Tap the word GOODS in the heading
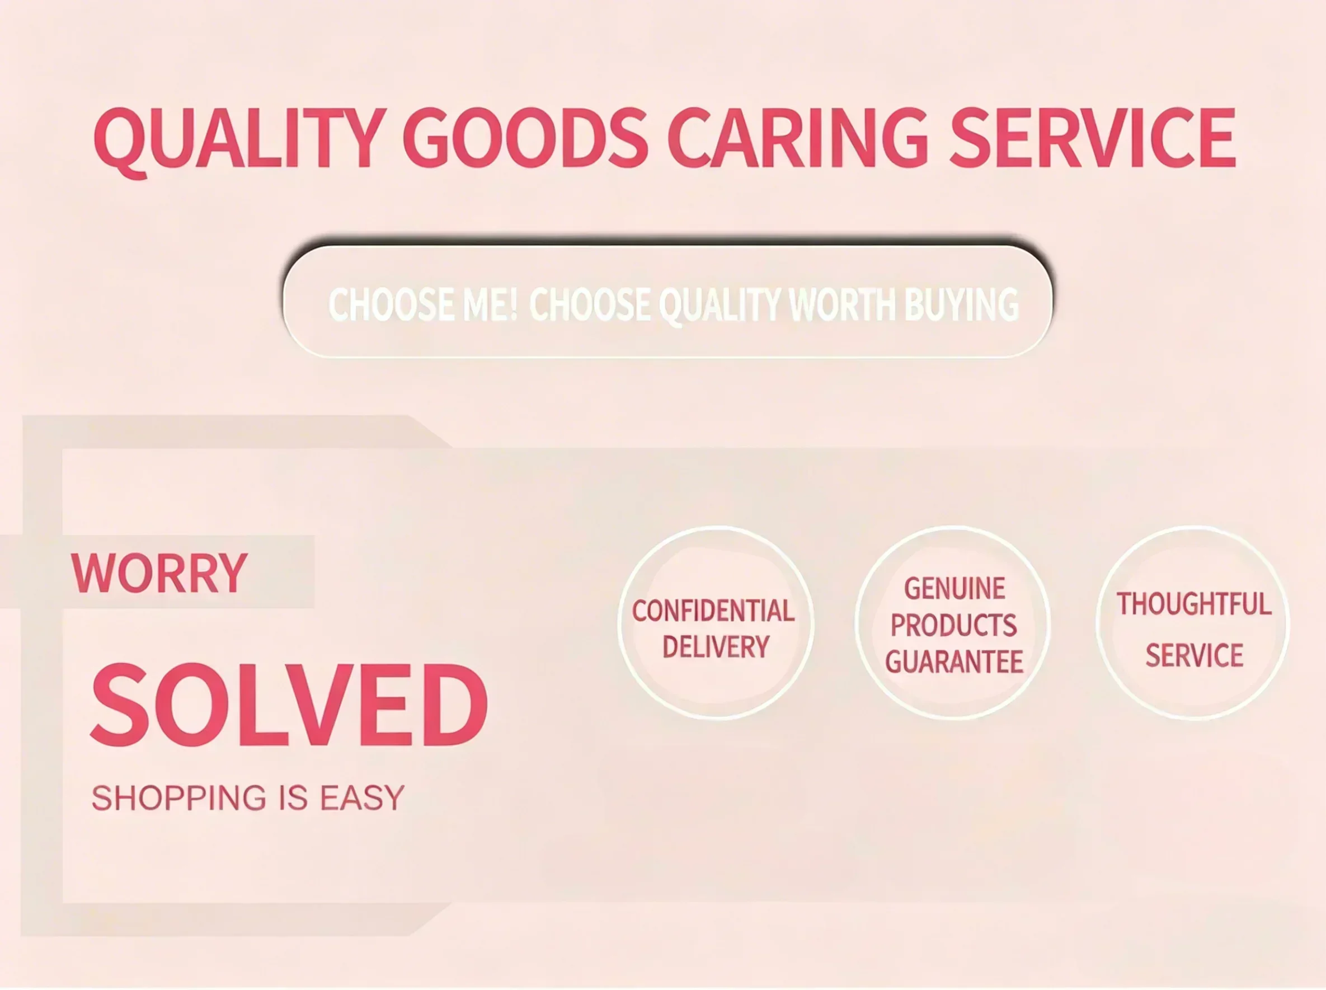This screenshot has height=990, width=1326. pos(525,137)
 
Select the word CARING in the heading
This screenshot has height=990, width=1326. pos(797,137)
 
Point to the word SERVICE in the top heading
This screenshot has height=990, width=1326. pos(1092,137)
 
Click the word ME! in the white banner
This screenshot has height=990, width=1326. pos(490,304)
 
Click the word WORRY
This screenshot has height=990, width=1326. pos(159,573)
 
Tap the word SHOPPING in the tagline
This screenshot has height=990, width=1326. pos(178,798)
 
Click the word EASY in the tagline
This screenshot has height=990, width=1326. pos(362,798)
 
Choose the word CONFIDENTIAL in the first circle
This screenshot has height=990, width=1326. pos(713,611)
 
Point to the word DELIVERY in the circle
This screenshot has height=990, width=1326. pos(716,647)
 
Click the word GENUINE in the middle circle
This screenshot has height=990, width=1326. pos(954,589)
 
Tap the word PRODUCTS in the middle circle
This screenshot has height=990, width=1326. pos(953,626)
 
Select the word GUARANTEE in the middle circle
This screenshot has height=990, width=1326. pos(954,662)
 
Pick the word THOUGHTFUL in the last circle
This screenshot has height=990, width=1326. pos(1193,604)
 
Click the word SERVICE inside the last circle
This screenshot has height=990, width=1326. pos(1194,655)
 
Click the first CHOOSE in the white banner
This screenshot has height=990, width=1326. pos(391,304)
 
